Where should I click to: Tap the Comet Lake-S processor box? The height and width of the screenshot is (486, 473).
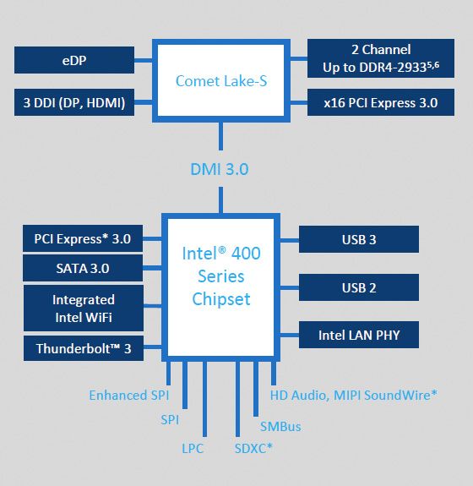[221, 81]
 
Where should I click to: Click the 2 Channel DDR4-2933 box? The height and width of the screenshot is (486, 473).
[381, 57]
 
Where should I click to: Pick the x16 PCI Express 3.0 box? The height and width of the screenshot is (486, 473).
[381, 103]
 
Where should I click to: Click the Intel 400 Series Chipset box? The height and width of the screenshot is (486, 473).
[221, 276]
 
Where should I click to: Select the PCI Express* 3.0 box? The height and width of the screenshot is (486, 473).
[83, 238]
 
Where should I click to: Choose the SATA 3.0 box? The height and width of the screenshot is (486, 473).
[83, 269]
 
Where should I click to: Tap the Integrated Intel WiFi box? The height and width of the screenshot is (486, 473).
[83, 309]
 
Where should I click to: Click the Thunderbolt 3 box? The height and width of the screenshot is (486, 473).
[83, 347]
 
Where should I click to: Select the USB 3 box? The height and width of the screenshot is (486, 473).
[358, 239]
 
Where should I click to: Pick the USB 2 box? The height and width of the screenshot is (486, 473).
[358, 287]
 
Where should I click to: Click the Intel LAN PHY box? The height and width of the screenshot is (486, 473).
[358, 335]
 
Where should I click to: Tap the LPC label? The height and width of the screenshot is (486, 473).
[193, 448]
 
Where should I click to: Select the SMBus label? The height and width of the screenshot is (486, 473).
[280, 426]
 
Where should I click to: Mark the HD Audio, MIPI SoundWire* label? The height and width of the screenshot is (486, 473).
[353, 395]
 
